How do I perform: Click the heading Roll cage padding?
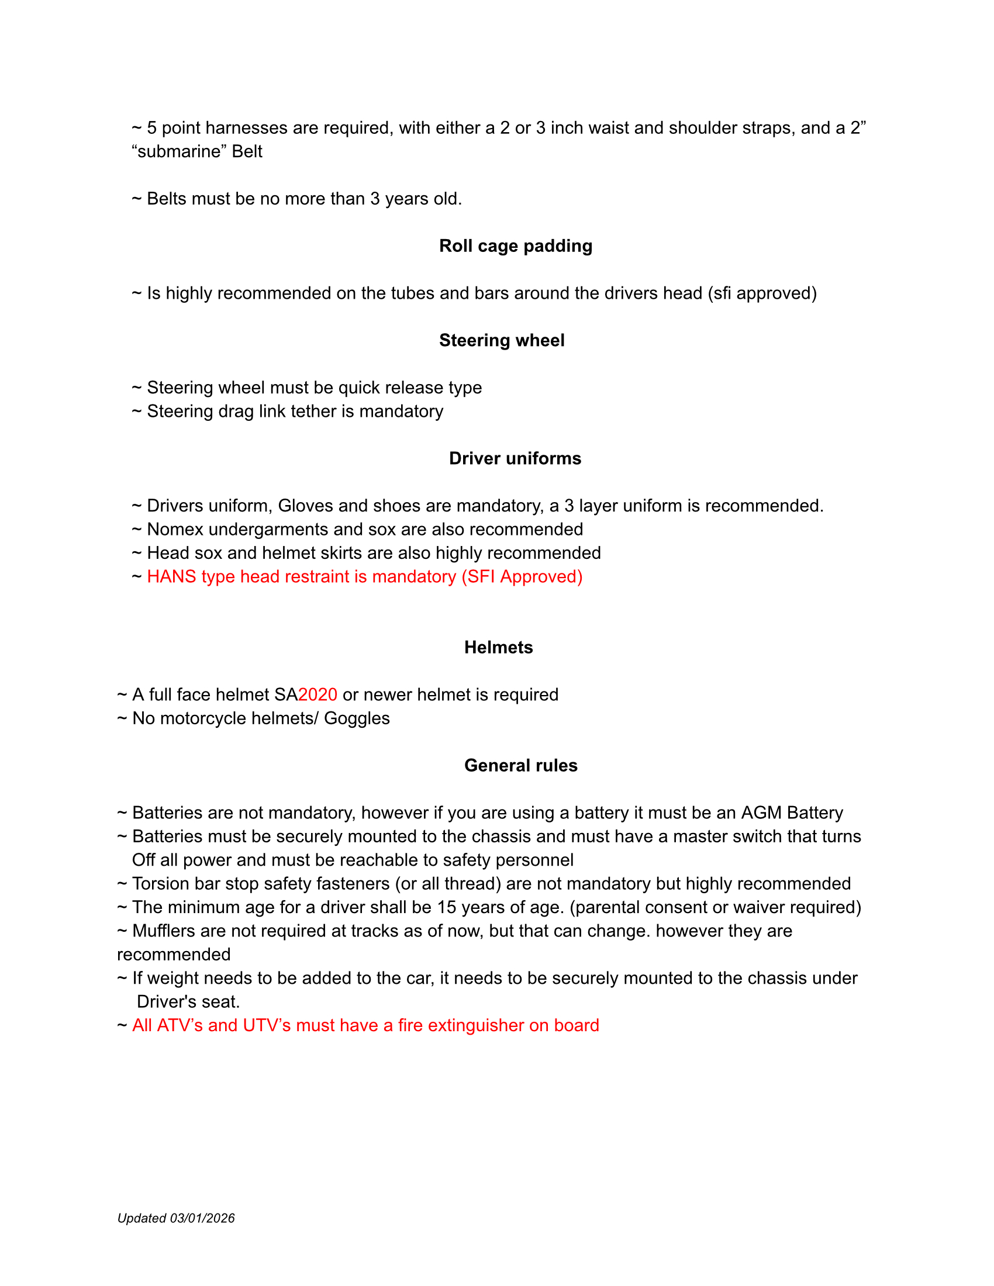(x=515, y=246)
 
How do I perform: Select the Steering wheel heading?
(x=502, y=340)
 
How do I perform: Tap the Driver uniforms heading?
(x=515, y=458)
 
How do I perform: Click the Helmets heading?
(x=498, y=647)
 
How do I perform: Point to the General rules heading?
(x=520, y=765)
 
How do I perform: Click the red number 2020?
(x=317, y=695)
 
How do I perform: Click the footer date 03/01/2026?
(x=202, y=1218)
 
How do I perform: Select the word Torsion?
(x=161, y=884)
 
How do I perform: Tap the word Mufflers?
(x=164, y=931)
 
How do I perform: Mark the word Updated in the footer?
(x=141, y=1218)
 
